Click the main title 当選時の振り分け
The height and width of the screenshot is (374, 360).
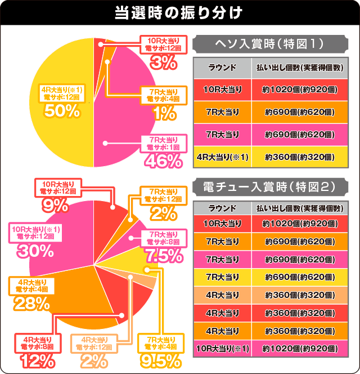point(179,13)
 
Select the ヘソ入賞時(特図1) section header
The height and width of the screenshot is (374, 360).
point(268,43)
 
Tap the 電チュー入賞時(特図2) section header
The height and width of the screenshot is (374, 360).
point(268,186)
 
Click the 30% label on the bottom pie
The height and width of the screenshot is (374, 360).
point(31,251)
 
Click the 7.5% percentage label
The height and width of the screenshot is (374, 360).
point(163,256)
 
